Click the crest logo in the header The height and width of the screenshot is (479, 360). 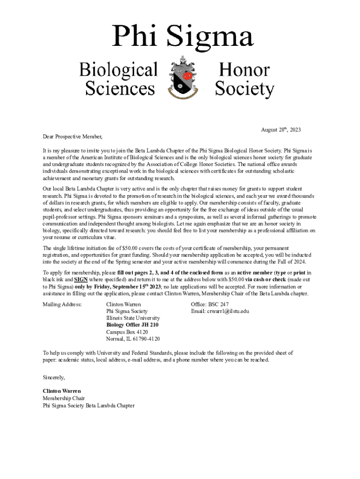coord(180,77)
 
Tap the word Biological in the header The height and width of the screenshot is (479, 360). coord(118,70)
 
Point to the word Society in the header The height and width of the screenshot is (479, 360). coord(244,88)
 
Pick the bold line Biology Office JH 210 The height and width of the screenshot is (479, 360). coord(132,325)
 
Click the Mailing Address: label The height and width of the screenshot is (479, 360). coord(62,304)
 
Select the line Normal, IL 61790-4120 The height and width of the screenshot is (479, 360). coord(133,339)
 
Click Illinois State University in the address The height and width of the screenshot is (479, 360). coord(133,318)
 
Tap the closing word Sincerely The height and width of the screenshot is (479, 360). coord(54,377)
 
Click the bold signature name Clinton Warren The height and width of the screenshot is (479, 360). coord(62,391)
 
